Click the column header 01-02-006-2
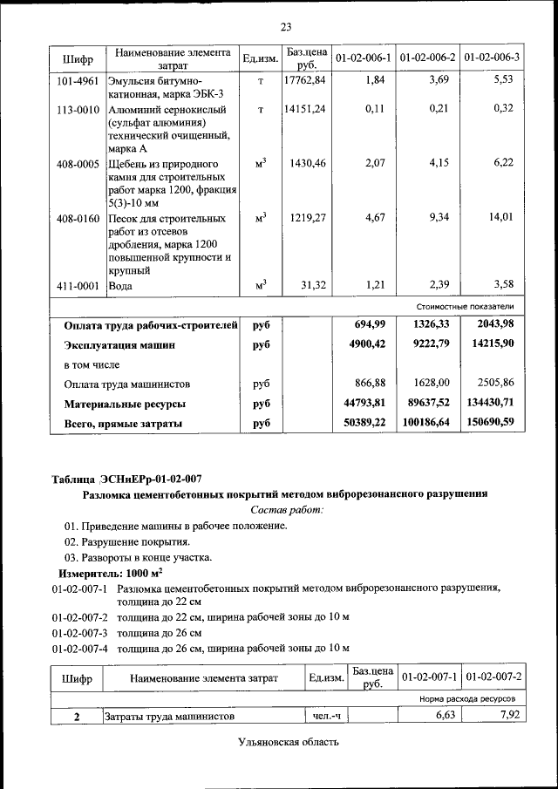point(428,58)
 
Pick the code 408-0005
point(78,164)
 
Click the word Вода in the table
point(120,286)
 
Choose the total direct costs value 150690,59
point(487,423)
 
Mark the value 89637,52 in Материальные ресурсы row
point(426,404)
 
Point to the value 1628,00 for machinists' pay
point(431,384)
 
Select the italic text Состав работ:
point(286,509)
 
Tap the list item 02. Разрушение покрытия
point(126,541)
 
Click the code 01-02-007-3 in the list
point(79,632)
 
